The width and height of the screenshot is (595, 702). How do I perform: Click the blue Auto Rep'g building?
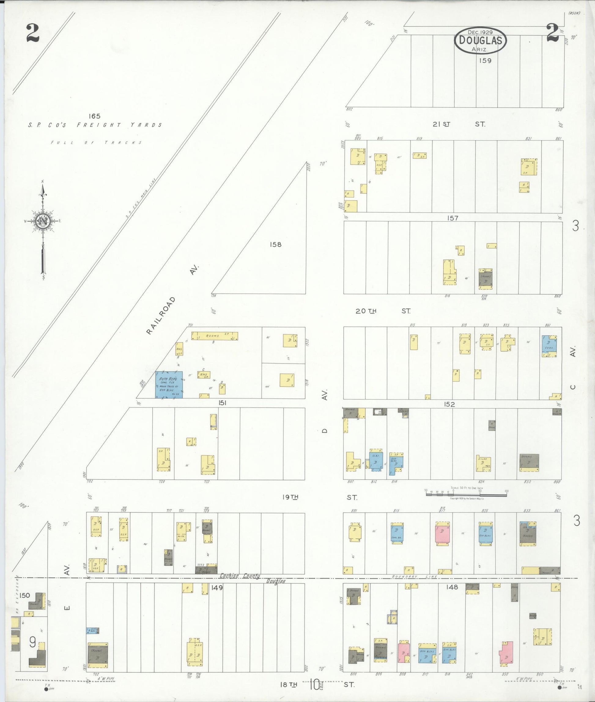(169, 385)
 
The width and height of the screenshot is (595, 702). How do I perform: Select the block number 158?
(275, 245)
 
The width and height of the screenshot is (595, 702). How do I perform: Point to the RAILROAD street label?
(161, 316)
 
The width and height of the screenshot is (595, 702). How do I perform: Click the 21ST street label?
(441, 124)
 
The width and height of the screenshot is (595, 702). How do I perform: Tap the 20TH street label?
(366, 311)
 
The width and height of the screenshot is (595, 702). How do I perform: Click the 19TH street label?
(290, 497)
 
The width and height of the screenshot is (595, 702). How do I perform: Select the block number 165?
(94, 116)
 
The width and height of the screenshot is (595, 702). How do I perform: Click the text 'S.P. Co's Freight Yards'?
(95, 125)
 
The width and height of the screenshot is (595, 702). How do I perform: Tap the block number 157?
(452, 218)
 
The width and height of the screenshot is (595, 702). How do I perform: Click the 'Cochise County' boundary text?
(240, 576)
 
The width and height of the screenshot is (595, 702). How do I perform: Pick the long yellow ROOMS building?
(215, 336)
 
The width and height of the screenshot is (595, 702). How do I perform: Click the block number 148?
(452, 587)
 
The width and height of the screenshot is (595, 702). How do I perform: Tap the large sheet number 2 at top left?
(33, 34)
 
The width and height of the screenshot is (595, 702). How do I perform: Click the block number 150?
(25, 595)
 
